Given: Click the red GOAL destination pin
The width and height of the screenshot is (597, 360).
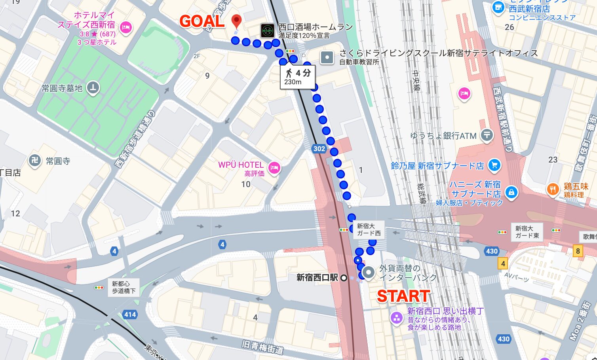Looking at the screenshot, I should (236, 21).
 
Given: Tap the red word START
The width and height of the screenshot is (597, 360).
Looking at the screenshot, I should (403, 296).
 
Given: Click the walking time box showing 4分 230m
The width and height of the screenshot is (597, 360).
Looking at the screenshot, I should (297, 77).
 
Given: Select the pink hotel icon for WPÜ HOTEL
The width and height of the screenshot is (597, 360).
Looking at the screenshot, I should (274, 168).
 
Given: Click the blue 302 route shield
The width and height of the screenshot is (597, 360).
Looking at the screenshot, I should (319, 149).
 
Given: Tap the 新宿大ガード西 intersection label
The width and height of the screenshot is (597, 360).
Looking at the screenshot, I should (369, 230).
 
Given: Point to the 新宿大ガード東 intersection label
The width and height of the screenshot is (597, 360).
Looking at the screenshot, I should (527, 232).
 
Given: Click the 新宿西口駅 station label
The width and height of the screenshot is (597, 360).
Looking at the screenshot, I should (318, 278).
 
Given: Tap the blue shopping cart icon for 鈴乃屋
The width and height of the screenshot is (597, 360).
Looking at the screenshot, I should (494, 165).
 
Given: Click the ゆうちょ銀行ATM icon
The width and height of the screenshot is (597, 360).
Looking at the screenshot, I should (487, 135).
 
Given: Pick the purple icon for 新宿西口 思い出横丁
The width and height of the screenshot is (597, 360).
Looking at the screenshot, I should (396, 318).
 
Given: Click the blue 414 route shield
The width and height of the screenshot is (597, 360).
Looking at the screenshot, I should (130, 315).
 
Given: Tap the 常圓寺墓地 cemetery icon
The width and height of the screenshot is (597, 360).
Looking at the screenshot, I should (93, 88).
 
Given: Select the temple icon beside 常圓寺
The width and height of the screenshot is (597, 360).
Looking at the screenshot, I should (35, 161).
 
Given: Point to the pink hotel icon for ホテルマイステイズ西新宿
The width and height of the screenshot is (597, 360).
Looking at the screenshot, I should (126, 28).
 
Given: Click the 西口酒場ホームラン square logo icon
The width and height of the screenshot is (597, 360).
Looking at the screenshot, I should (267, 30).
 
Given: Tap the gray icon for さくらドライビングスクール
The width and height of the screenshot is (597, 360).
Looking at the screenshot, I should (327, 58).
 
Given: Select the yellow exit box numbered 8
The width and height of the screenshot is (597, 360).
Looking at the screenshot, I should (578, 251).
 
